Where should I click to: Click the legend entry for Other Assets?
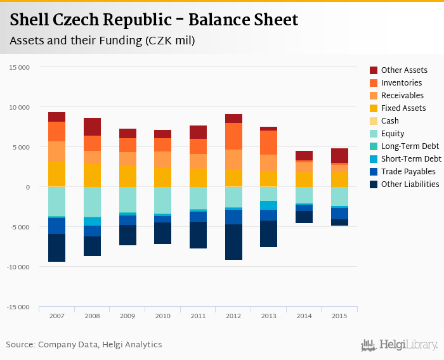coord(403,70)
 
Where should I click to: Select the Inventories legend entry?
coord(402,83)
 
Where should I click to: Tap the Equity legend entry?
coord(393,134)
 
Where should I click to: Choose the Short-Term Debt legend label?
coord(411,159)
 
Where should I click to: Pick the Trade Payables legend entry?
coord(408,172)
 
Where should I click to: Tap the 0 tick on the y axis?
coord(27,187)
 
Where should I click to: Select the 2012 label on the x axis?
coord(233,316)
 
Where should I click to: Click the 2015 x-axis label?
coord(339,316)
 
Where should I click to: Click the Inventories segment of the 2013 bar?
coord(269,143)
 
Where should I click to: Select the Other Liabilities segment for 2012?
coord(233,242)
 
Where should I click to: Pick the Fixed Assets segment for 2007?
coord(56,174)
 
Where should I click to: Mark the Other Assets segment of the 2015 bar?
coord(339,155)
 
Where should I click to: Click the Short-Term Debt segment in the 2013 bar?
coord(269,205)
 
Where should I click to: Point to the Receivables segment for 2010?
coord(163,159)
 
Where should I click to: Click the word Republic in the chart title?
coord(147,20)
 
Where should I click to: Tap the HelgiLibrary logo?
coord(399,345)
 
